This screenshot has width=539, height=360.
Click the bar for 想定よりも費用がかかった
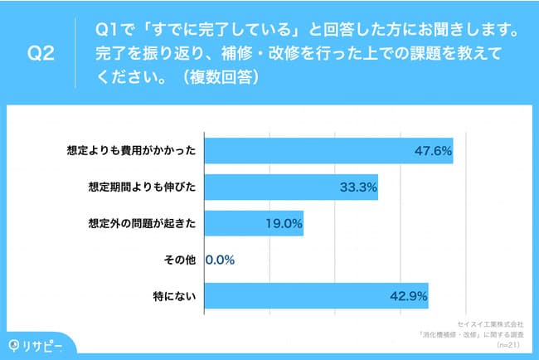click(x=328, y=151)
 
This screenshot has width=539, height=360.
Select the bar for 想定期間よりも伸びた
click(x=291, y=187)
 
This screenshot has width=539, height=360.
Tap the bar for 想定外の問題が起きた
click(x=254, y=223)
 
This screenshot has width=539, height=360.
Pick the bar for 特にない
click(x=316, y=295)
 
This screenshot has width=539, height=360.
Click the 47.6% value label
click(x=432, y=151)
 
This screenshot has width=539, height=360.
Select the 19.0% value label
click(x=283, y=223)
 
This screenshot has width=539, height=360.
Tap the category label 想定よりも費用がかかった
click(x=131, y=151)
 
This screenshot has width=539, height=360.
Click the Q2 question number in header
click(x=41, y=55)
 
